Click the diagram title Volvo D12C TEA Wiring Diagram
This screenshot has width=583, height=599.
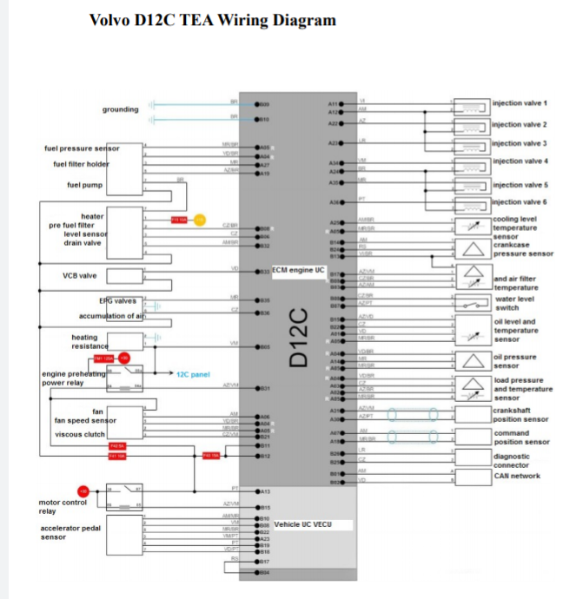(x=212, y=20)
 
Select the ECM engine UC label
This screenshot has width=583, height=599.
(x=298, y=270)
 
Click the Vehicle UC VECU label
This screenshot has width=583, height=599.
(x=301, y=524)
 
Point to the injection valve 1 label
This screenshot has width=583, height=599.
(x=520, y=103)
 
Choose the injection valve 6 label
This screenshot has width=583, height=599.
(x=520, y=202)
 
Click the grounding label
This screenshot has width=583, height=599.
(x=120, y=109)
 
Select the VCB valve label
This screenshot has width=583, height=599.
(x=80, y=275)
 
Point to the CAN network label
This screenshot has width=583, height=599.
(x=516, y=476)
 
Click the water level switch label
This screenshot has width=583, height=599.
(x=518, y=303)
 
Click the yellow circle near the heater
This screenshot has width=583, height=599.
(x=199, y=221)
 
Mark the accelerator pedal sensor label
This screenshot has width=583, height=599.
(x=70, y=532)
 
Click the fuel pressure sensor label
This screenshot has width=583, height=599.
(x=82, y=148)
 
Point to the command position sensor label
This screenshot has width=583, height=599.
(x=521, y=438)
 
